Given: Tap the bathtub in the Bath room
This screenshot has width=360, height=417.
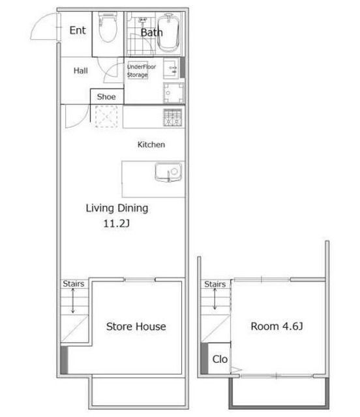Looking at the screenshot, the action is (x=168, y=33).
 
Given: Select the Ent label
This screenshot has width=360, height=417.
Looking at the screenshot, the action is (x=78, y=31).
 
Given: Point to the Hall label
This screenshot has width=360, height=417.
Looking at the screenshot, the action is (x=80, y=70).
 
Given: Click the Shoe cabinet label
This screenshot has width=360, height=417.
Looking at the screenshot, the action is (x=106, y=96).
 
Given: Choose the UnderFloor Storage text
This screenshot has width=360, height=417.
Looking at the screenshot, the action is (x=141, y=70).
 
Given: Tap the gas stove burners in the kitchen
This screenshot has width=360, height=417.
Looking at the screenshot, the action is (x=173, y=117).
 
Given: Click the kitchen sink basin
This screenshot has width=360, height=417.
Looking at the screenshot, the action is (x=168, y=172).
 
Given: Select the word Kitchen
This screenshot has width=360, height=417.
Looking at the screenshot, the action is (x=151, y=145).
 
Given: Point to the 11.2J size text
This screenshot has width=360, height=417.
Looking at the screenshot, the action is (x=116, y=223).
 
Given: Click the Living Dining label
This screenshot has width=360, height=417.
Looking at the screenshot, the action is (x=117, y=208).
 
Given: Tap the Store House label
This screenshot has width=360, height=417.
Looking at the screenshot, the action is (x=136, y=326).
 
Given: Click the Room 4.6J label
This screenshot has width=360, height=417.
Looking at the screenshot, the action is (x=277, y=326).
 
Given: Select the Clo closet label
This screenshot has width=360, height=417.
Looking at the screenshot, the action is (x=220, y=359).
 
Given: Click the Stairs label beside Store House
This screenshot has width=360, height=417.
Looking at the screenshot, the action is (x=73, y=284).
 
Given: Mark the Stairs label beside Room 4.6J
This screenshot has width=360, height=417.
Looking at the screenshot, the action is (x=215, y=284).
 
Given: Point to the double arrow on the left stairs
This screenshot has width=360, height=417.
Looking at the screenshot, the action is (x=72, y=301).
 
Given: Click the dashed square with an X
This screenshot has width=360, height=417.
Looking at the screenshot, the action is (x=106, y=117).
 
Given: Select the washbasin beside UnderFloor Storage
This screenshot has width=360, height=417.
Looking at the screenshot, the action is (x=171, y=68).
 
